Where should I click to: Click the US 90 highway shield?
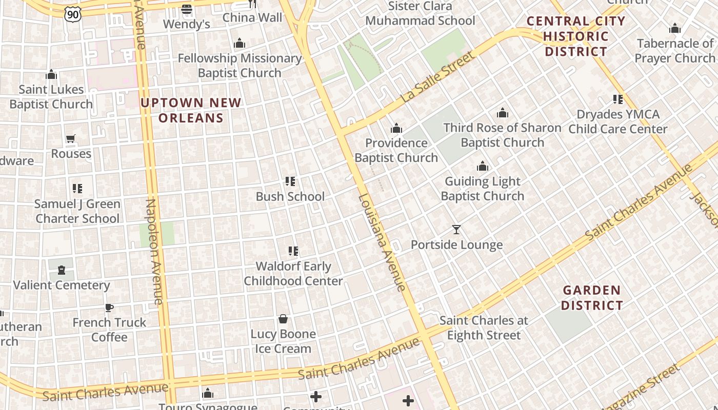pos(73,14)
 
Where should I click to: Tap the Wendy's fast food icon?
pos(187,9)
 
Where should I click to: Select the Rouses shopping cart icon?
pos(71,138)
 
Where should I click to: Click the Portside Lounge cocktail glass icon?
pos(456,230)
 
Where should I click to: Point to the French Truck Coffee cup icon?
pos(109,307)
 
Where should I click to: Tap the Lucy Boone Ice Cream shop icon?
pos(283,319)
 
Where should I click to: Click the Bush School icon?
pos(290,181)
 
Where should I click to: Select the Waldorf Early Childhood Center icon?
pos(293,251)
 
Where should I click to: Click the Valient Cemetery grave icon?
pos(62,270)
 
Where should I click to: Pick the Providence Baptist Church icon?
pos(396,128)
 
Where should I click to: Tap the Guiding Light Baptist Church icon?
pos(482,166)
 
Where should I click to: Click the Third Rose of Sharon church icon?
pos(502,113)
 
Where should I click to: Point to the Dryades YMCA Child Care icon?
pos(618,99)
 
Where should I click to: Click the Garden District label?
pos(592,298)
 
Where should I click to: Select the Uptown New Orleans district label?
pos(191,110)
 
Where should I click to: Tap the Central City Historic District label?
pos(576,36)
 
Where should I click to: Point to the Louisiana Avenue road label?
pos(382,242)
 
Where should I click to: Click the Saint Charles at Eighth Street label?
pos(484,328)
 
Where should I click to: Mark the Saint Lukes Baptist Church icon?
pos(51,75)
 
